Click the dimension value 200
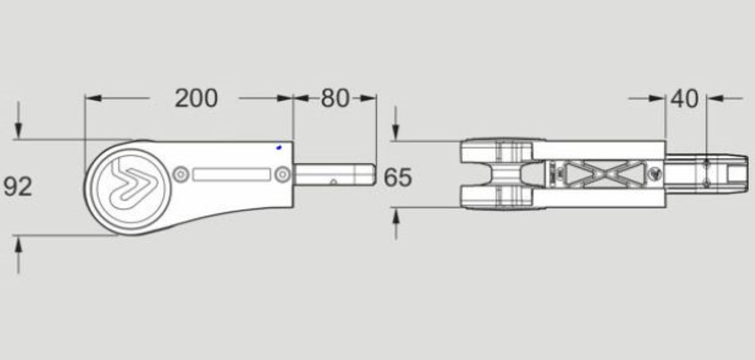[x=196, y=98]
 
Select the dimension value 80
[x=335, y=98]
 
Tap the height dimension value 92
[x=17, y=187]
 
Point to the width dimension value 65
[x=397, y=178]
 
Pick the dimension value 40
[x=685, y=98]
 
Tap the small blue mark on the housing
[x=279, y=147]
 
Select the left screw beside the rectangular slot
[x=180, y=175]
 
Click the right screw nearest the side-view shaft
[x=282, y=175]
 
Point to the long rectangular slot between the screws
[x=231, y=175]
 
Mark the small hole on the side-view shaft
[x=333, y=182]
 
